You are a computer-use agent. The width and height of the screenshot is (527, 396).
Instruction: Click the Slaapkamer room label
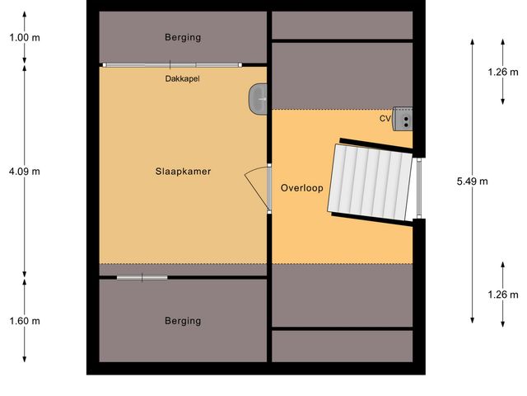(183, 172)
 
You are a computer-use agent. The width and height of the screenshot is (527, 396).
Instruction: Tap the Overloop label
(301, 187)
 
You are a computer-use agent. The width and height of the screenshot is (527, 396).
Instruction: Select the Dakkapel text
(183, 79)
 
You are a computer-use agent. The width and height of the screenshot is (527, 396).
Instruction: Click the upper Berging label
(183, 37)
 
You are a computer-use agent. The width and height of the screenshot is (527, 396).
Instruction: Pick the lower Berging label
(183, 321)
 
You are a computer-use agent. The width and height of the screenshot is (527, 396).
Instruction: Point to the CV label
(385, 119)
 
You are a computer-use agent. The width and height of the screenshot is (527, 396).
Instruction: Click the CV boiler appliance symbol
(403, 118)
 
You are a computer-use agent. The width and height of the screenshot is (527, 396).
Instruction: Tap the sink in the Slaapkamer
(257, 99)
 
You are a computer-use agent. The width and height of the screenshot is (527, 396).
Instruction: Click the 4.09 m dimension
(25, 172)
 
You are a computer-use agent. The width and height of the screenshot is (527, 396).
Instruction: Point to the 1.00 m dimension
(25, 37)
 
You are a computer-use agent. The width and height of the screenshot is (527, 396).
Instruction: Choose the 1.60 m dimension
(25, 321)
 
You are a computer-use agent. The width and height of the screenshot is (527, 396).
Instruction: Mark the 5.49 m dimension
(472, 181)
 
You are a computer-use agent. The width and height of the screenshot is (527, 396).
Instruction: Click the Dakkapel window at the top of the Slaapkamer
(171, 64)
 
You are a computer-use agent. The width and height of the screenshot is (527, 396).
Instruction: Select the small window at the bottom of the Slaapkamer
(142, 277)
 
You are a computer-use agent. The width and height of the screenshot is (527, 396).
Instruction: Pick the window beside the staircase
(418, 188)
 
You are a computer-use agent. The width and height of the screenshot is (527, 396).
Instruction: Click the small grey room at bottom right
(342, 346)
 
